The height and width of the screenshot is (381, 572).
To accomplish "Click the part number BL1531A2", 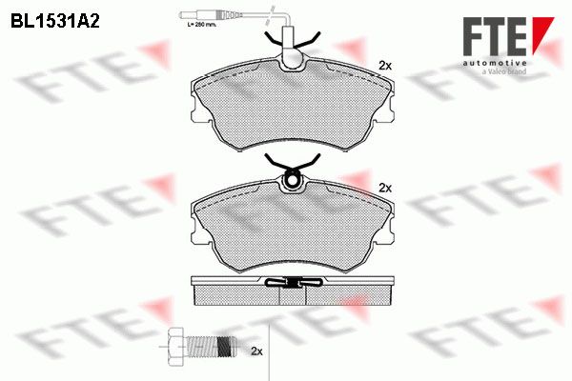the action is [55, 22].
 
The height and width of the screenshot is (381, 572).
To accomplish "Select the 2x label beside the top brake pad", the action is [385, 66].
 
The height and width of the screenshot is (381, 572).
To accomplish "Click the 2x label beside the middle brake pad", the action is [385, 189].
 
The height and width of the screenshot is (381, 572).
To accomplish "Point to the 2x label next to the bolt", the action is [256, 351].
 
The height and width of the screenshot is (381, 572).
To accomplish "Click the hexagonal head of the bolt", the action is [176, 346].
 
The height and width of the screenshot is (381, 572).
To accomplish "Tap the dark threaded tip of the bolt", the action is [226, 347].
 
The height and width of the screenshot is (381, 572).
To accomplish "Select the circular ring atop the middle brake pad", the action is [292, 180].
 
